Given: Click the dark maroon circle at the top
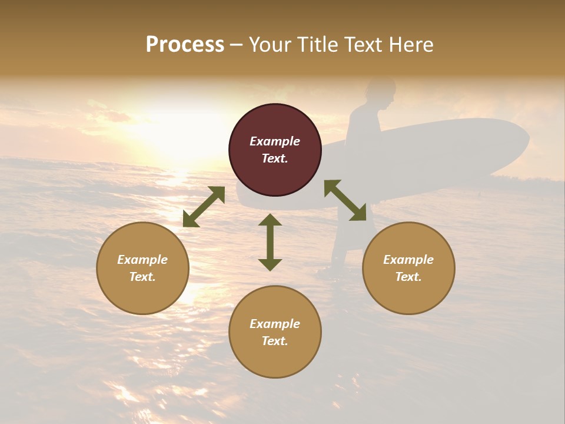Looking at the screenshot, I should (x=275, y=150).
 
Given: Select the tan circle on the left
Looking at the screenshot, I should (x=142, y=268).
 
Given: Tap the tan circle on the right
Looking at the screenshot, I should (x=408, y=268).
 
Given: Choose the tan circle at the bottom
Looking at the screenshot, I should (x=275, y=332).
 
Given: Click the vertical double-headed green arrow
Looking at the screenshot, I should (x=270, y=242).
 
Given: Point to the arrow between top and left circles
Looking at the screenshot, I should (x=204, y=207).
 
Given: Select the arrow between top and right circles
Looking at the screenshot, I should (x=345, y=200).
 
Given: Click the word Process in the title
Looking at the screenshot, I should (x=185, y=45).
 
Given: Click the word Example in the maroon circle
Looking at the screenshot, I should (x=275, y=141).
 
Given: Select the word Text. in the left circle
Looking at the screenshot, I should (x=142, y=277).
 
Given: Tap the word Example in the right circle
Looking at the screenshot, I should (x=408, y=260).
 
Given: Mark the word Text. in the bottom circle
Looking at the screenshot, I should (x=275, y=341).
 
